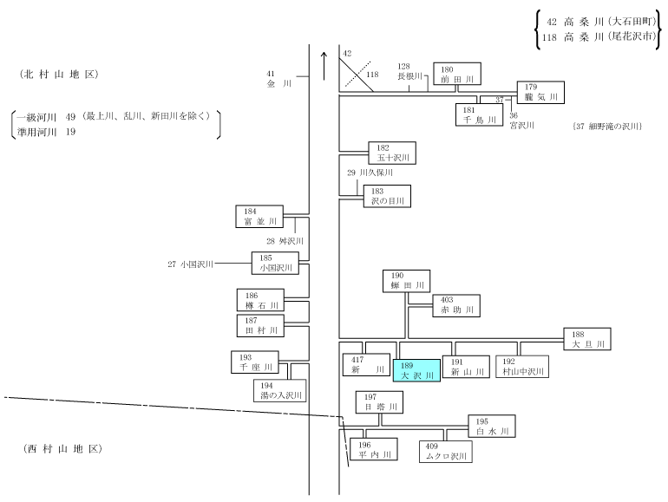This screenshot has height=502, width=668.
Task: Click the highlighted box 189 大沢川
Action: pyautogui.click(x=416, y=370)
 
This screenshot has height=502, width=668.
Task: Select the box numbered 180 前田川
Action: pyautogui.click(x=457, y=74)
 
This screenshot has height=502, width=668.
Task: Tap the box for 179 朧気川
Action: pyautogui.click(x=540, y=93)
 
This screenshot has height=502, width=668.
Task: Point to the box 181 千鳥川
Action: pyautogui.click(x=479, y=115)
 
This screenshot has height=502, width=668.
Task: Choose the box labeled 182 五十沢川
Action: pyautogui.click(x=392, y=153)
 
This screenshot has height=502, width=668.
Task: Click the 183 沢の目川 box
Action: pyautogui.click(x=387, y=196)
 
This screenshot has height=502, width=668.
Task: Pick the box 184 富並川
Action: pyautogui.click(x=259, y=216)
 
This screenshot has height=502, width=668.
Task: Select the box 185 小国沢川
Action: pyautogui.click(x=275, y=263)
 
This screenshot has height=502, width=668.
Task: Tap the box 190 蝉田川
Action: pyautogui.click(x=406, y=281)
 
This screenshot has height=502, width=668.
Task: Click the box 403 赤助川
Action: pyautogui.click(x=456, y=306)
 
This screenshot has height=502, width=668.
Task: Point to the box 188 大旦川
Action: pyautogui.click(x=587, y=339)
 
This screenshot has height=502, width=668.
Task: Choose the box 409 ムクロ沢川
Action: pyautogui.click(x=446, y=452)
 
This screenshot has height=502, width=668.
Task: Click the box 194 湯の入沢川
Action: pyautogui.click(x=280, y=391)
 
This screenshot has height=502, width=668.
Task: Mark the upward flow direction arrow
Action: pyautogui.click(x=324, y=66)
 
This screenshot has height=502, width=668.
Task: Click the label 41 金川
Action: pyautogui.click(x=279, y=79)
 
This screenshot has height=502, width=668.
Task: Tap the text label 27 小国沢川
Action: pyautogui.click(x=190, y=264)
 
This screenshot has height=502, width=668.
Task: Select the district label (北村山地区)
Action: pyautogui.click(x=59, y=75)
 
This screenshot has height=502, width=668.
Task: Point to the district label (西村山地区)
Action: pyautogui.click(x=62, y=449)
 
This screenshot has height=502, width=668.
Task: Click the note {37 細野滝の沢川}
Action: pyautogui.click(x=607, y=126)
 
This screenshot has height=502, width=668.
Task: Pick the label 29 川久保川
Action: pyautogui.click(x=370, y=173)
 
